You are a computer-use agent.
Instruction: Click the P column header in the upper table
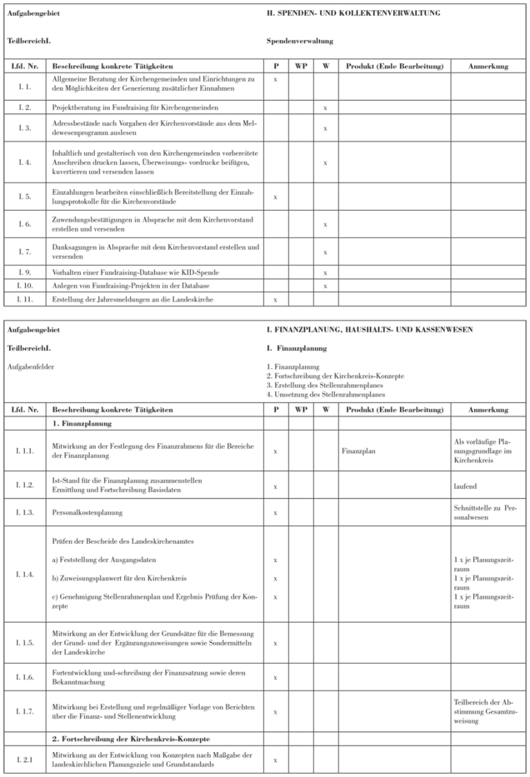tap(275, 65)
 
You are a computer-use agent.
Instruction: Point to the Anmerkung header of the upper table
tap(488, 65)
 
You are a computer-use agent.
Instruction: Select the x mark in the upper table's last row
tap(275, 298)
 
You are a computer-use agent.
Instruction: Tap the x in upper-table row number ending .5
tap(275, 196)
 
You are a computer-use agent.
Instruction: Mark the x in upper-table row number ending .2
tap(326, 107)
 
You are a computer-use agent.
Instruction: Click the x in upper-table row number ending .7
tap(326, 251)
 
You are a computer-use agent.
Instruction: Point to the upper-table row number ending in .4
tap(24, 162)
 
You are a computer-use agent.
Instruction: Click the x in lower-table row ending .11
tap(275, 451)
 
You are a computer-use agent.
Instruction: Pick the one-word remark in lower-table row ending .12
tap(466, 483)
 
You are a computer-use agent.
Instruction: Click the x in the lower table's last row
tap(275, 760)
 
